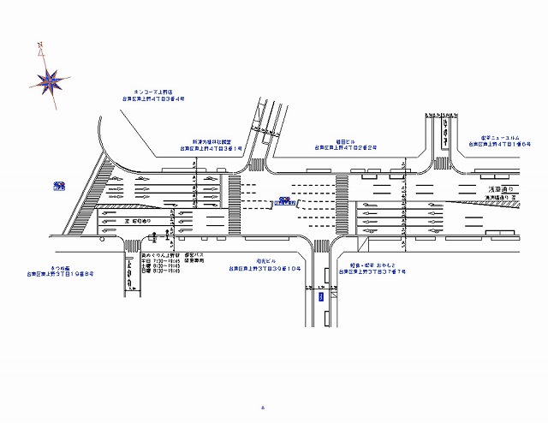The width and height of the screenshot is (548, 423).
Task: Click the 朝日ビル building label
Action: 346,141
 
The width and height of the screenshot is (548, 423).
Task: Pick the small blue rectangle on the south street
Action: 321,297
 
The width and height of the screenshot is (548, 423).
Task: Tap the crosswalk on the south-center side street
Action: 322,247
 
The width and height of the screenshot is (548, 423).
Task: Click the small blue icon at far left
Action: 59,185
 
